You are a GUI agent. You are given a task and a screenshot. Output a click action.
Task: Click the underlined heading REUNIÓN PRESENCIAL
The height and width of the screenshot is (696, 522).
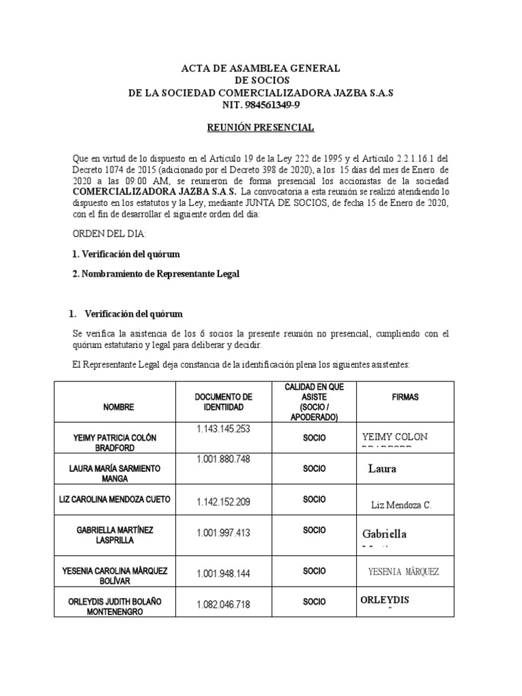[x=260, y=127]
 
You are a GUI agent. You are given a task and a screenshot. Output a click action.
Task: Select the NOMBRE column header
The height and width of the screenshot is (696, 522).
[x=119, y=407]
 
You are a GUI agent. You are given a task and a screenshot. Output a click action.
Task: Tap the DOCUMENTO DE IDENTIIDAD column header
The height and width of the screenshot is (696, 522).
[x=224, y=402]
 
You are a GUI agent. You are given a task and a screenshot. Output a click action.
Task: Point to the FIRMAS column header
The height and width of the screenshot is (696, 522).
[x=406, y=397]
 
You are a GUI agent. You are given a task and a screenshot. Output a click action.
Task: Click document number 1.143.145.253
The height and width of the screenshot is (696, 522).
[x=224, y=428]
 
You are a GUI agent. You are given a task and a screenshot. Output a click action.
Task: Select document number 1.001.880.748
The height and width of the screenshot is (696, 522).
[x=224, y=459]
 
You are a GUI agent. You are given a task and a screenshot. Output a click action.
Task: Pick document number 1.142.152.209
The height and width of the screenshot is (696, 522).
[x=224, y=502]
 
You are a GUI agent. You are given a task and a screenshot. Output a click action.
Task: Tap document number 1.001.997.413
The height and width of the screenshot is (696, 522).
[x=224, y=533]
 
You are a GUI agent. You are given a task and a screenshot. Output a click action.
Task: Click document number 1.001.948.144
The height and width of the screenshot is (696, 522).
[x=224, y=574]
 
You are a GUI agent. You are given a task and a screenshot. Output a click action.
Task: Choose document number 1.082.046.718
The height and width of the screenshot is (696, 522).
[x=224, y=604]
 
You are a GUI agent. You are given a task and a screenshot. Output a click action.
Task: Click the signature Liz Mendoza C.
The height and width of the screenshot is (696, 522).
[x=402, y=505]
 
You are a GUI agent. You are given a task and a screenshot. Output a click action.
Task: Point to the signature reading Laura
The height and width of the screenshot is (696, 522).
[x=382, y=468]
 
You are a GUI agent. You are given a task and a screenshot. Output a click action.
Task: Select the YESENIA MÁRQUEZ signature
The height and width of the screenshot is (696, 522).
[x=403, y=572]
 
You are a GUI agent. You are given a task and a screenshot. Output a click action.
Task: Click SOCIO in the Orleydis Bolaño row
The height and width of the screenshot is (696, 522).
[x=314, y=602]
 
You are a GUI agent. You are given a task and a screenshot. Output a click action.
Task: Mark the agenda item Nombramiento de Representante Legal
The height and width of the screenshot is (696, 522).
[x=156, y=273]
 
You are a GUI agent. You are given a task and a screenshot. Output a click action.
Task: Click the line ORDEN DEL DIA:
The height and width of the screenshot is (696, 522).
[x=109, y=234]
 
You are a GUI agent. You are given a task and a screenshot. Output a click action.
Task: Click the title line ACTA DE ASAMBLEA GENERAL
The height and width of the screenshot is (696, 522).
[x=260, y=69]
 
